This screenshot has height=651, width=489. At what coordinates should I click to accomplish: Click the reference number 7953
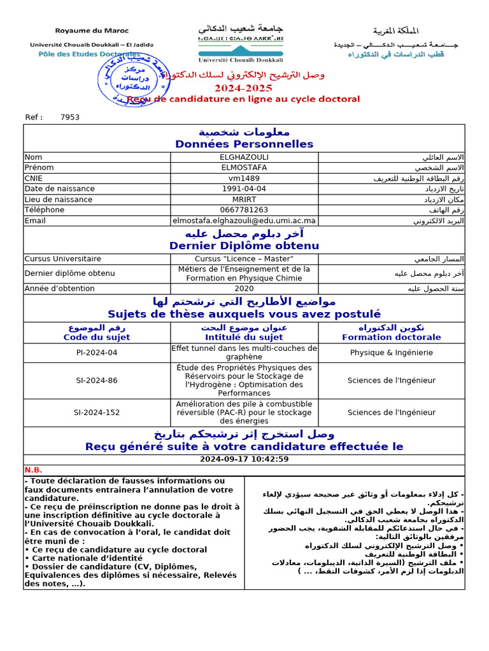70,117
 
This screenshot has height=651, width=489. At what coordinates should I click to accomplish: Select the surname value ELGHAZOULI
244,157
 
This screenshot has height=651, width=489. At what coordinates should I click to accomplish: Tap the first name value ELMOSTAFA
244,168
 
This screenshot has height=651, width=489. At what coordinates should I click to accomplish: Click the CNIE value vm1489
244,179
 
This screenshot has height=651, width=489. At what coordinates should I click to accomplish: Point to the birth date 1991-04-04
244,189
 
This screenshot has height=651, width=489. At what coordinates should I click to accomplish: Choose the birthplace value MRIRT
244,200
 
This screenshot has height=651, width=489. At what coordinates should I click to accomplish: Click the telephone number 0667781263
244,210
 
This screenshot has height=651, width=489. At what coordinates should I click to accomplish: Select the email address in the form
244,221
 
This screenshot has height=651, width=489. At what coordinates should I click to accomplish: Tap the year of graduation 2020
244,289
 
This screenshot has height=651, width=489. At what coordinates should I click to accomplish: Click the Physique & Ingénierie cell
392,353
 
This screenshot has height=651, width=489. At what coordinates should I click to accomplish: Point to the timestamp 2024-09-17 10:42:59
244,459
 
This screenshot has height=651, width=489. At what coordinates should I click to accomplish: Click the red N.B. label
33,470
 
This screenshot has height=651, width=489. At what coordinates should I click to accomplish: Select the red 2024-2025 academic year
243,88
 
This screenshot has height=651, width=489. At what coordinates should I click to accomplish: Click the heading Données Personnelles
244,144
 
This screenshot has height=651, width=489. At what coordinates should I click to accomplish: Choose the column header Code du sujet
97,338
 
